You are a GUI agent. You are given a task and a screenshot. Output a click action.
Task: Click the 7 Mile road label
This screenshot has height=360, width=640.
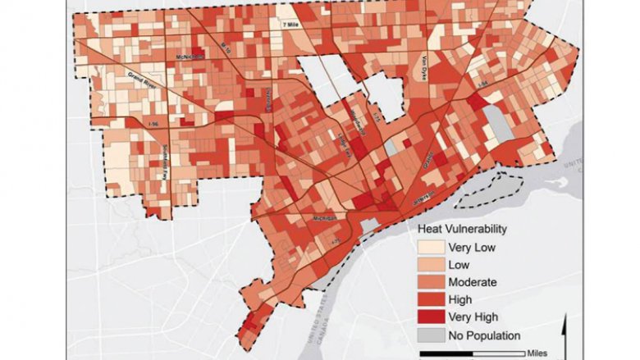[291, 26]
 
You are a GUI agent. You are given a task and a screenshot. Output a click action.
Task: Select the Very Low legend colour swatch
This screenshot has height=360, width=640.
[427, 246]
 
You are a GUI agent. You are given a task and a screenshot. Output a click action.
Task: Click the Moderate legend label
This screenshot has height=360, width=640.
[472, 281]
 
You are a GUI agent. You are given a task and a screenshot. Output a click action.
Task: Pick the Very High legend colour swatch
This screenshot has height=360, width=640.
[427, 317]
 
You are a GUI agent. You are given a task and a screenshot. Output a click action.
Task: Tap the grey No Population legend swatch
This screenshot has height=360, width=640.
[427, 335]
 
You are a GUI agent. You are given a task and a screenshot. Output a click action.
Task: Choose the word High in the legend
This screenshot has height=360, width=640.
[460, 299]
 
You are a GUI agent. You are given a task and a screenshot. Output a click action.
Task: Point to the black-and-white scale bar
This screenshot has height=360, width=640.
[468, 353]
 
